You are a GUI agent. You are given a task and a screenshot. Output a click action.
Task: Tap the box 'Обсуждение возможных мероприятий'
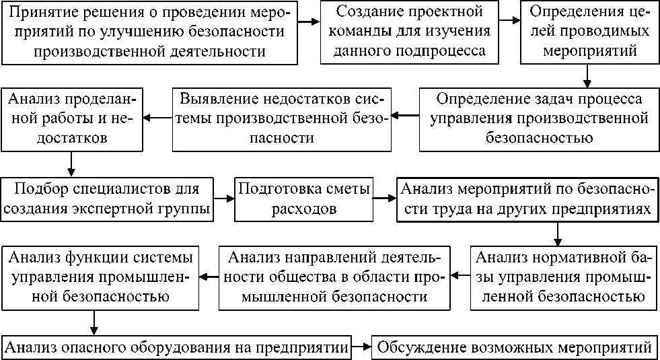coord(515,348)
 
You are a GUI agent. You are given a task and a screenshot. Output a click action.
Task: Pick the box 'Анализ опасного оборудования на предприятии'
coord(177,348)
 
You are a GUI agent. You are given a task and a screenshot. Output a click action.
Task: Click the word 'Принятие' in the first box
coord(44,13)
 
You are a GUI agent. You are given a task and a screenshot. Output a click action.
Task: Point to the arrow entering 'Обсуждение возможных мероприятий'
coord(363,348)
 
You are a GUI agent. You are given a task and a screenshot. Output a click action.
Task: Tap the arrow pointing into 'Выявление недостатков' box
coord(406,115)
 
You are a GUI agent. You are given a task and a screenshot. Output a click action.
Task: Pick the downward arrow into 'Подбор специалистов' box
coord(71,165)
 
